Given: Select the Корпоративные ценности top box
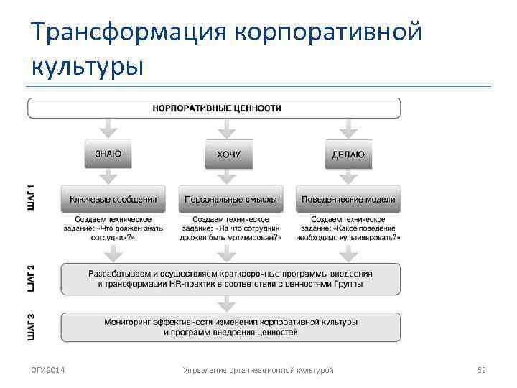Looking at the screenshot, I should coord(214,108).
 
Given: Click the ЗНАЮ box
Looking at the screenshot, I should coord(108,153).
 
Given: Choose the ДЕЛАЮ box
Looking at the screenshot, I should coord(348,153).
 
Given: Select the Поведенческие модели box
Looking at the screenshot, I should coord(348,198).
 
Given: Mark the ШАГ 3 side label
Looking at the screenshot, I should coord(30,326).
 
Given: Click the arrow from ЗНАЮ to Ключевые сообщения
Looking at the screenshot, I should coord(108,176).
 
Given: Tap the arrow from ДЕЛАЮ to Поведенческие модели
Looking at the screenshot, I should coord(348,176).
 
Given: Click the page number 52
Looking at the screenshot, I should coord(482,370).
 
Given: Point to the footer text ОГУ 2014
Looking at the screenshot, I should coord(48,370).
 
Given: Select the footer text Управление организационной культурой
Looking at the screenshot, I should coord(258,370).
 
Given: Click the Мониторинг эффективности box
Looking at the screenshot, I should coord(230,327).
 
